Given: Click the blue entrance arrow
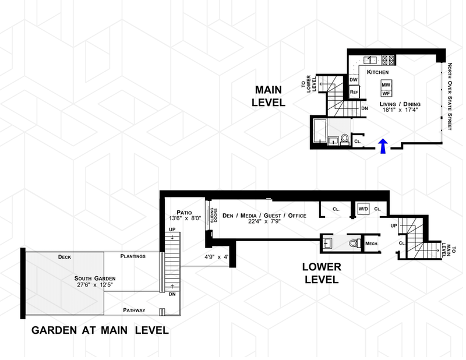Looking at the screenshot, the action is pyautogui.click(x=383, y=147).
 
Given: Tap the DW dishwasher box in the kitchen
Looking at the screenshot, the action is pyautogui.click(x=354, y=80).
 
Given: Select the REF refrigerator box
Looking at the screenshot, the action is pyautogui.click(x=354, y=92).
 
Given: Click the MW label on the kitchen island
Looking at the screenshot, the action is pyautogui.click(x=385, y=84).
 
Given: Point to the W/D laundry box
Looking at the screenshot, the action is pyautogui.click(x=363, y=208).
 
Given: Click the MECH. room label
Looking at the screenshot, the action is pyautogui.click(x=371, y=243).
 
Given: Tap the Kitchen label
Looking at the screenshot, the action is pyautogui.click(x=377, y=71).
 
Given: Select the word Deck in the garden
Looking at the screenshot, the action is pyautogui.click(x=65, y=256).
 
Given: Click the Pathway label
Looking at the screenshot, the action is pyautogui.click(x=134, y=310).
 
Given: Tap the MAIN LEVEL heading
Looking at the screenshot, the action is pyautogui.click(x=269, y=96).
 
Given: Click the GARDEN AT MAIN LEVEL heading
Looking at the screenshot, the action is pyautogui.click(x=100, y=330).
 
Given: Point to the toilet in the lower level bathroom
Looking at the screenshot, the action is pyautogui.click(x=351, y=243).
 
